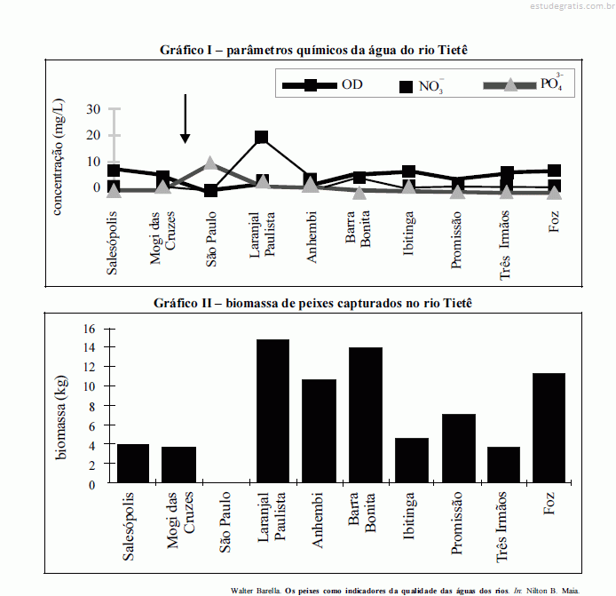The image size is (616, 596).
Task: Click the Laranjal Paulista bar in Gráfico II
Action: (272, 411)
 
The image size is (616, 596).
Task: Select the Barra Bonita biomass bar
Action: (365, 416)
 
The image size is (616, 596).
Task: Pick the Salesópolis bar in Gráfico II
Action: (132, 464)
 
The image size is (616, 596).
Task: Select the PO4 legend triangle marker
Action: (510, 85)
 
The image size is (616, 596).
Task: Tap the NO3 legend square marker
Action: (407, 86)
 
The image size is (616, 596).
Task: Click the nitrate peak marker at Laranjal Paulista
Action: (261, 138)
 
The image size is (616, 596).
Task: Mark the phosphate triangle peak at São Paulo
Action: (210, 163)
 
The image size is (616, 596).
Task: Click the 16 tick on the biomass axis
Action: (88, 329)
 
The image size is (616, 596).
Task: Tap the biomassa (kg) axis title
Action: (63, 406)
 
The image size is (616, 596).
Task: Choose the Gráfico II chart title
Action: (314, 303)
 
